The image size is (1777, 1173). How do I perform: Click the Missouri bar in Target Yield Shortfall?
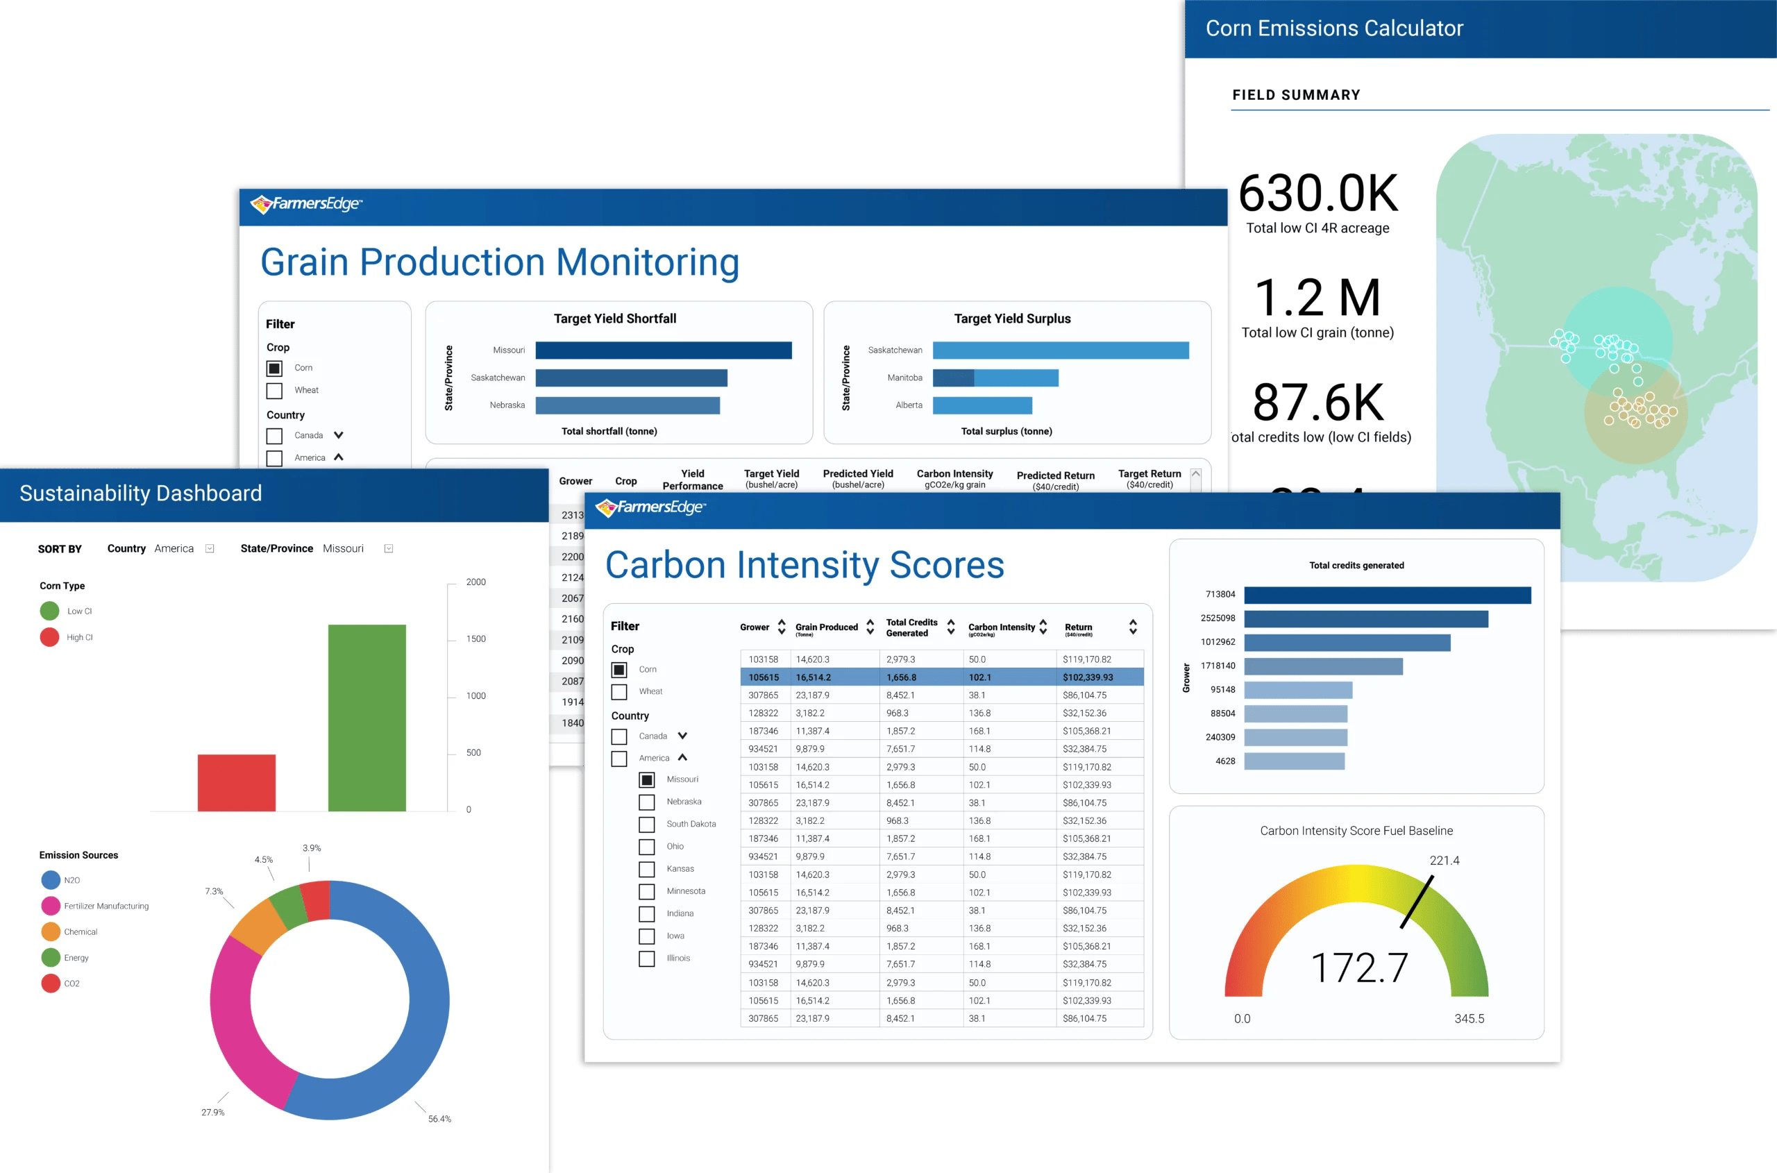tap(663, 350)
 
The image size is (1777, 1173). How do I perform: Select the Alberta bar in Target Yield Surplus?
tap(982, 405)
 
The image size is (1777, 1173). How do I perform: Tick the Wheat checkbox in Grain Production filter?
tap(275, 391)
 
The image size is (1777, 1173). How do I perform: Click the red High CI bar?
tap(237, 782)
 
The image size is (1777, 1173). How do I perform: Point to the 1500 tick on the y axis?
tap(476, 639)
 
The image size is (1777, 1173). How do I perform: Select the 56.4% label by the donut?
tap(439, 1119)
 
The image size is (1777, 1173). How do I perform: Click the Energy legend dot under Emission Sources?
tap(51, 958)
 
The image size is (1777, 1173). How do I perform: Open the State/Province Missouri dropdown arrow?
tap(388, 548)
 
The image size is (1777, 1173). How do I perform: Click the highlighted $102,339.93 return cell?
tap(1087, 677)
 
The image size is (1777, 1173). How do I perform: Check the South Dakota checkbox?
tap(646, 825)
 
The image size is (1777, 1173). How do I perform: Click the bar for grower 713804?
tap(1386, 595)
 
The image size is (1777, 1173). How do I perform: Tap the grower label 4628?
tap(1225, 761)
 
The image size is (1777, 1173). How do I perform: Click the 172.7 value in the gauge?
tap(1358, 968)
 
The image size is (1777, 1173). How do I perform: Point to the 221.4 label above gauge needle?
tap(1443, 860)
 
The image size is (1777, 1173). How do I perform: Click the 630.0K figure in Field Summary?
tap(1317, 194)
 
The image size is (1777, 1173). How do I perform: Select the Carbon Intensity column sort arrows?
tap(1043, 627)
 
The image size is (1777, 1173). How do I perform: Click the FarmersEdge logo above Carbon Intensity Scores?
tap(650, 508)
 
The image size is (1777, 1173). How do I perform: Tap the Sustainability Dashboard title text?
tap(141, 493)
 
